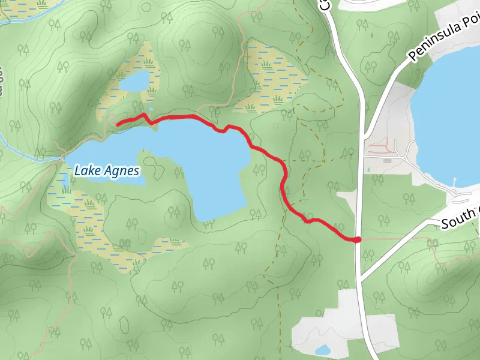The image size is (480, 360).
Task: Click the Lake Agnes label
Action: [107, 171]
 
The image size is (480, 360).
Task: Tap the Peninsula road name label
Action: [444, 37]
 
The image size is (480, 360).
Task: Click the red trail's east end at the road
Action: [358, 240]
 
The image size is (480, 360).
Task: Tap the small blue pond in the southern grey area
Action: [322, 350]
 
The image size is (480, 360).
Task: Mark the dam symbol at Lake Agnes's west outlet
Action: [62, 158]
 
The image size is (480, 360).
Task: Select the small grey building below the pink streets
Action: [387, 161]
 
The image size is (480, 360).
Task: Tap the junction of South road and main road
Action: [362, 277]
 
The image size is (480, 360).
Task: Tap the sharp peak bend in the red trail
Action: [143, 114]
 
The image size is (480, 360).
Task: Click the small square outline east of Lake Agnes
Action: [275, 126]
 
